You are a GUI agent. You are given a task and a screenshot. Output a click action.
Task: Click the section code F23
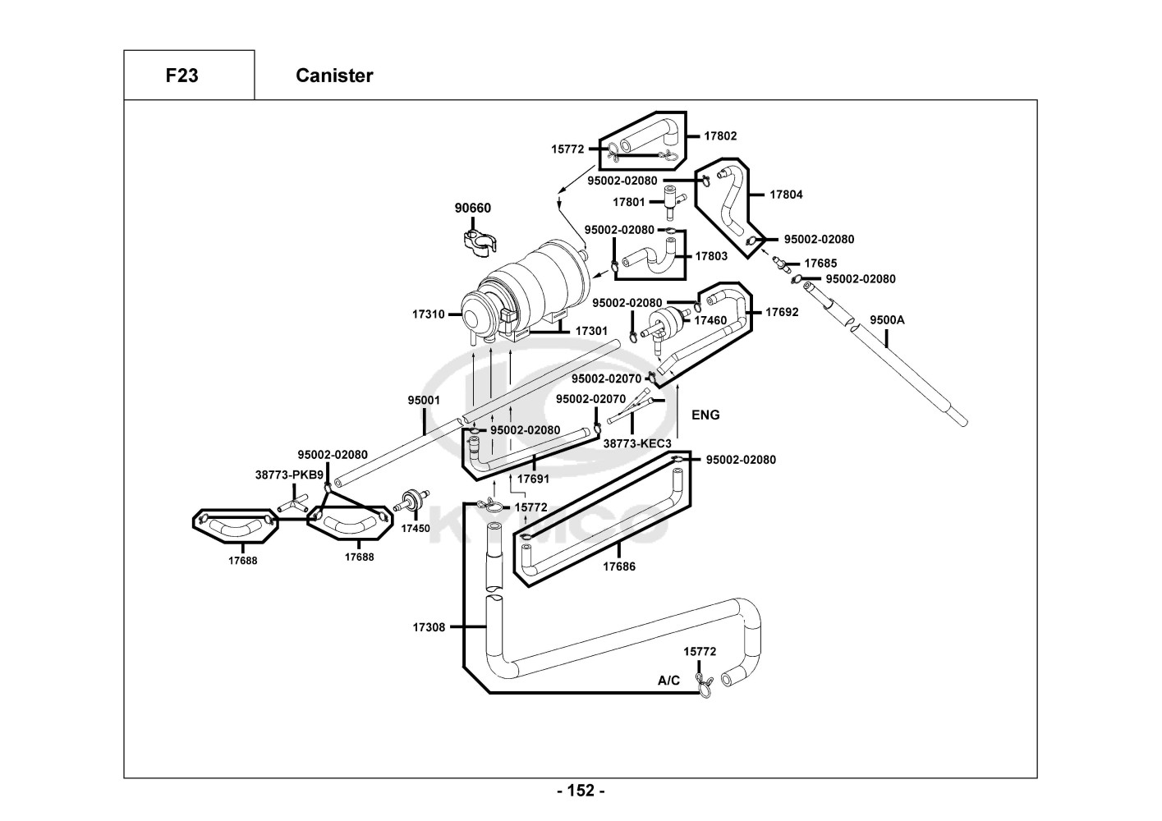tap(181, 76)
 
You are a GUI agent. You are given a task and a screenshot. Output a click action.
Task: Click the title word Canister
tap(334, 76)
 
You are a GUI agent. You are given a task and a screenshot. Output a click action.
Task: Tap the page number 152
tap(581, 791)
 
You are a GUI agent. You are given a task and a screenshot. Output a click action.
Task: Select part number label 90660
tap(473, 209)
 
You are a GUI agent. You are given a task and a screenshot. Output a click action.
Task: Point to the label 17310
tap(429, 314)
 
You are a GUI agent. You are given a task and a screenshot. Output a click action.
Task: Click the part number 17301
tap(591, 331)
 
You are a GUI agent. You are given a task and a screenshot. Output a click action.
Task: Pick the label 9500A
tap(887, 320)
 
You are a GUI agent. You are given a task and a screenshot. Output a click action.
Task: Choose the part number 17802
tap(720, 136)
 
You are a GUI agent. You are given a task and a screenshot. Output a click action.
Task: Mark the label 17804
tap(786, 195)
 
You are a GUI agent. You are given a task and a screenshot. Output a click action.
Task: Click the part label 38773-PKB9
tap(289, 475)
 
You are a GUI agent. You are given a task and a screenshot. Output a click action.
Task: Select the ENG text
tap(705, 415)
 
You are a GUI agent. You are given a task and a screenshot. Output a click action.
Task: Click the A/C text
tap(669, 681)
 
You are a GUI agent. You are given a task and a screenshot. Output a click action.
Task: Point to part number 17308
tap(429, 627)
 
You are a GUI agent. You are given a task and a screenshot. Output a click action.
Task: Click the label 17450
tap(416, 529)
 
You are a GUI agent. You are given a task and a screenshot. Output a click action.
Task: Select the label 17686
tap(619, 566)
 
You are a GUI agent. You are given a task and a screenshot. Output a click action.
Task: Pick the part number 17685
tap(820, 264)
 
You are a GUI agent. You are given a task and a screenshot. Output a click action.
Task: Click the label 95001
tap(425, 401)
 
